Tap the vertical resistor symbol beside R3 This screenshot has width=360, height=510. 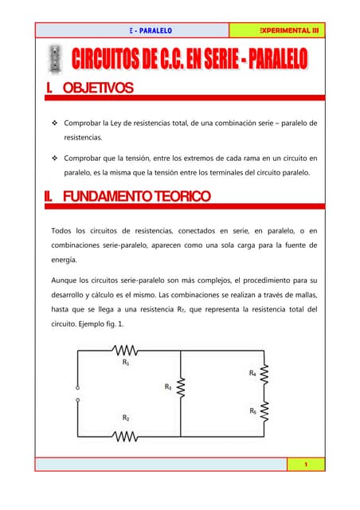[182, 388]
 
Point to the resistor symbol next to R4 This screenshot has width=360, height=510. [264, 374]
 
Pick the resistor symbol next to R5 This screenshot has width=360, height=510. [264, 411]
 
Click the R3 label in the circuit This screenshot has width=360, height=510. [168, 386]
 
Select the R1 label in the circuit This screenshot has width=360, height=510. [126, 362]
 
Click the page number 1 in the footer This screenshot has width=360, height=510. [306, 464]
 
